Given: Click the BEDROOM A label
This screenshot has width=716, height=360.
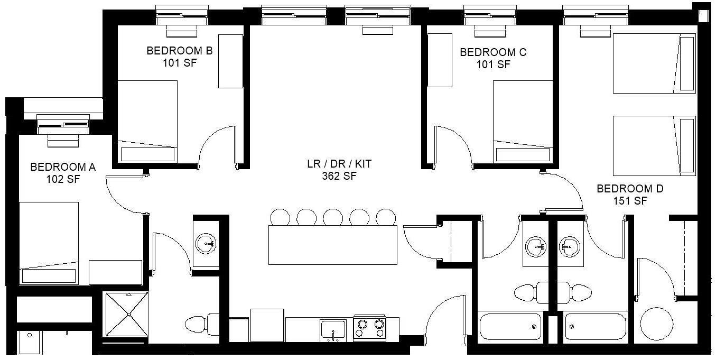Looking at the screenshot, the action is point(63,167).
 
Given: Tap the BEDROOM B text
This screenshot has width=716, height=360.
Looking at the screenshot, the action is point(180,51).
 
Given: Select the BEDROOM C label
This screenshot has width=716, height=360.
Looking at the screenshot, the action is point(493,52).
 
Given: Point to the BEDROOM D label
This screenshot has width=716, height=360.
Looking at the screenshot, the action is point(630,189).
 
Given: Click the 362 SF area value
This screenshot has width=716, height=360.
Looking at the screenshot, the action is point(339,176).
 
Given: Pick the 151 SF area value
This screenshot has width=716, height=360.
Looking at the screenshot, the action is point(630,201).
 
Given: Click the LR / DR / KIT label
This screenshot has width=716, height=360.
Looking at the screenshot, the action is point(339,164).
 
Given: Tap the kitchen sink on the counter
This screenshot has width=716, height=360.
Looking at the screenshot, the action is point(333,329).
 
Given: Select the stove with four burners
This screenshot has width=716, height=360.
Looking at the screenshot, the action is point(370,328).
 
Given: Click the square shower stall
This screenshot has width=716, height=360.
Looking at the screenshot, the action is point(127,314).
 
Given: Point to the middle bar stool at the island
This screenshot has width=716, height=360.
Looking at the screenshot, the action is point(333,217).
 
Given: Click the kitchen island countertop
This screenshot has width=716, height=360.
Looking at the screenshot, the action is point(333,245).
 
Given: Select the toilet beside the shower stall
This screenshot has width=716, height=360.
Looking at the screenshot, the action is point(202,325).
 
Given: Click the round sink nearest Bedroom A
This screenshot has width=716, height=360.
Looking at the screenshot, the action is point(206,244).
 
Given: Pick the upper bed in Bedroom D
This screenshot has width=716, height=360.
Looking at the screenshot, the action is point(654,63).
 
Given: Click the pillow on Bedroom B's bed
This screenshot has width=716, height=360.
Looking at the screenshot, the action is point(147,154).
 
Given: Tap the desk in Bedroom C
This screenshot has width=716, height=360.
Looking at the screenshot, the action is point(440,60).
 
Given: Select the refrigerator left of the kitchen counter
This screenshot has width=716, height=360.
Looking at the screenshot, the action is point(267,325).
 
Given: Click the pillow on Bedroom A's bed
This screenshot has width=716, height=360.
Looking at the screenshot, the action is point(49,276).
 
